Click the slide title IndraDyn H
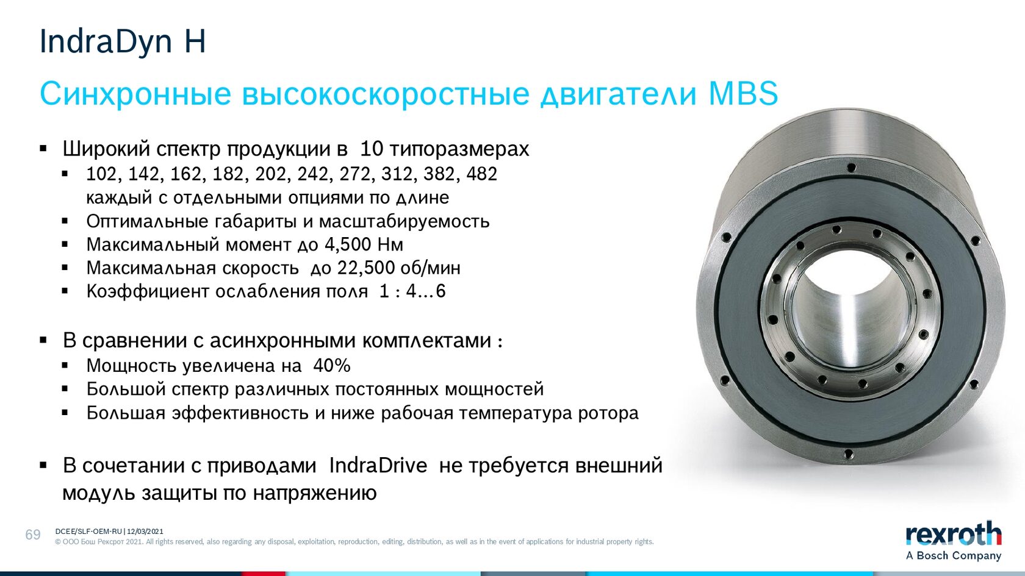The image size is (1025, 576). click(123, 41)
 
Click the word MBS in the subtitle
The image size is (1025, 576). click(743, 93)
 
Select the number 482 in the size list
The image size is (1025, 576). click(482, 174)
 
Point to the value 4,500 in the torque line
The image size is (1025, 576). click(348, 244)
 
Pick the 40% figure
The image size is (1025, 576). click(332, 366)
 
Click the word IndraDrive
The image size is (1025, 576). click(378, 466)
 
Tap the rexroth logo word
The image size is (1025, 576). click(954, 535)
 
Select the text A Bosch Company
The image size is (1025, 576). click(954, 556)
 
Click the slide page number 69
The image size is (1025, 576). click(33, 535)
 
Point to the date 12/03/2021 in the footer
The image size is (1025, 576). click(145, 532)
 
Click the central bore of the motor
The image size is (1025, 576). click(851, 306)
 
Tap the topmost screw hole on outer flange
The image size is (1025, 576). click(851, 168)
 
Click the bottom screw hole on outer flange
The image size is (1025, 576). click(848, 455)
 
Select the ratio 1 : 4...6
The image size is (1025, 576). click(412, 291)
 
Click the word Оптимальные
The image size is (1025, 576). click(148, 221)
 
